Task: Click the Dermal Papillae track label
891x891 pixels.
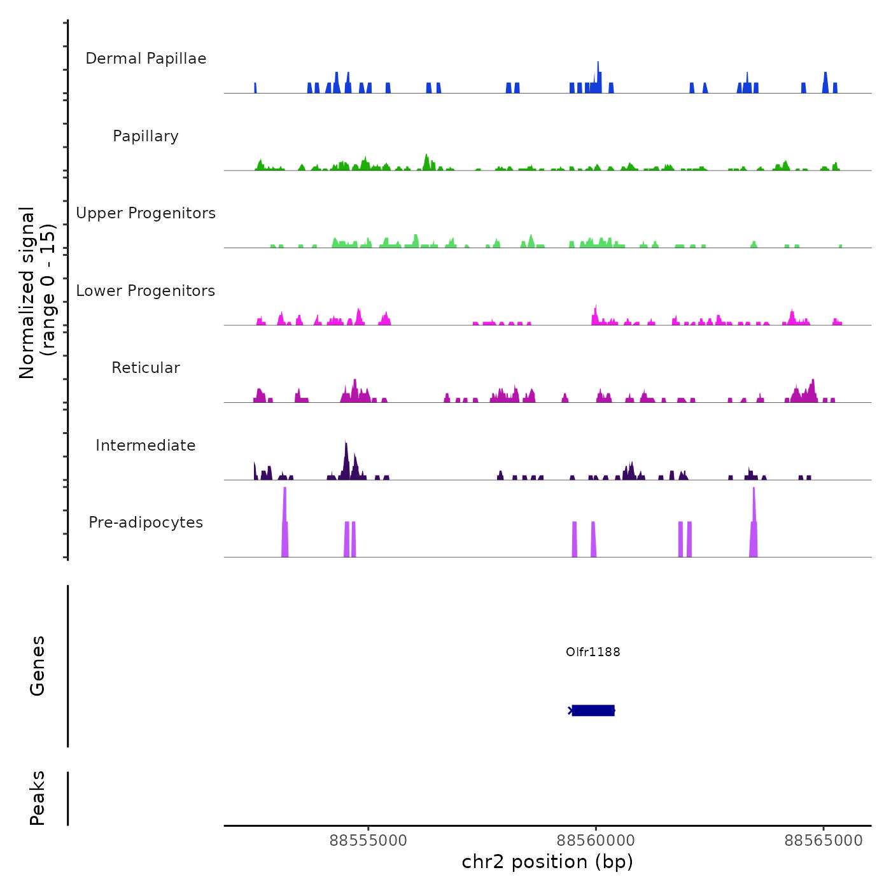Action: pyautogui.click(x=146, y=59)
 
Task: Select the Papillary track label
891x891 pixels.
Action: pyautogui.click(x=146, y=136)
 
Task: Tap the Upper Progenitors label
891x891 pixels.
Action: pyautogui.click(x=146, y=213)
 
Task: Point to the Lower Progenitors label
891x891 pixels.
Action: pyautogui.click(x=146, y=291)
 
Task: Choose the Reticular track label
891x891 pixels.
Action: pyautogui.click(x=146, y=368)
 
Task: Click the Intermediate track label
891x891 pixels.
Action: pyautogui.click(x=146, y=445)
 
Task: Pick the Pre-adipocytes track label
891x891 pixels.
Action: pyautogui.click(x=146, y=523)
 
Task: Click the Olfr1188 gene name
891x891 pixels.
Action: pyautogui.click(x=593, y=652)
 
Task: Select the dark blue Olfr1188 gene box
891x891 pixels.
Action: pyautogui.click(x=593, y=710)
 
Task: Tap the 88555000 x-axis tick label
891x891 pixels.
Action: pyautogui.click(x=368, y=841)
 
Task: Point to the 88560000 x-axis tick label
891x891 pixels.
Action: pyautogui.click(x=596, y=841)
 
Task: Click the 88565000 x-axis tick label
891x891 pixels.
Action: pyautogui.click(x=823, y=841)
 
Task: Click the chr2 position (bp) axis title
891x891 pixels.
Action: pyautogui.click(x=547, y=862)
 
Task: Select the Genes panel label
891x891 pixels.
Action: pyautogui.click(x=38, y=666)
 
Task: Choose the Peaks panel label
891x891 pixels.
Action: pyautogui.click(x=38, y=798)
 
